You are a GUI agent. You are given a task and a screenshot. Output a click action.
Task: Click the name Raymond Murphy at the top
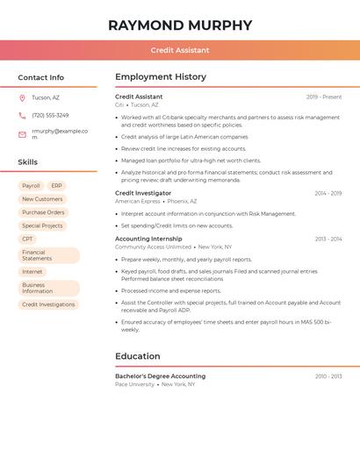click(180, 25)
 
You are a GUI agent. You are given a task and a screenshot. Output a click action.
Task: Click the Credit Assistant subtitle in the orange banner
click(180, 50)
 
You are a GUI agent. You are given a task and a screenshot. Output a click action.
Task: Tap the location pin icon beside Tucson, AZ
click(22, 97)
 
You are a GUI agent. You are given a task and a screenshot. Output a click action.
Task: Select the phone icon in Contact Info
click(22, 115)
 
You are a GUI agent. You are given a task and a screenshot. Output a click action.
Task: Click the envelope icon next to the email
click(22, 134)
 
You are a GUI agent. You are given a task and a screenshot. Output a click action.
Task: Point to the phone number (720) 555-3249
click(50, 115)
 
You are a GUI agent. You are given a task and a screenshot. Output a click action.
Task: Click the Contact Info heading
click(41, 77)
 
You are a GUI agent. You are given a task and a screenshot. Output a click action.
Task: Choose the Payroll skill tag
click(31, 186)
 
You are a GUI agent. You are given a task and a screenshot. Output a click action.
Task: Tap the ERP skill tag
click(56, 186)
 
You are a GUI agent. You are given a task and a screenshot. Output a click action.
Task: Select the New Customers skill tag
click(42, 199)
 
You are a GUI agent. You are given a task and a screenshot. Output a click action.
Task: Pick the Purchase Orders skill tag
click(43, 212)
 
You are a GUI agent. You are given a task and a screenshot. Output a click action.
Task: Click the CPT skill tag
click(28, 239)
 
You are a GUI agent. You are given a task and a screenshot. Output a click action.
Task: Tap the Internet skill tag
click(32, 272)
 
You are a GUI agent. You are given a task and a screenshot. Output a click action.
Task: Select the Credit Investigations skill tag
click(48, 304)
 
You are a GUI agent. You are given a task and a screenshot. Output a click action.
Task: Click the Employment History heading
click(161, 77)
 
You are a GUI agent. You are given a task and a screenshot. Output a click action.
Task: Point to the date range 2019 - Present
click(324, 97)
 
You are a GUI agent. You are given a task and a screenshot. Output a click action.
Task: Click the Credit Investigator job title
click(143, 193)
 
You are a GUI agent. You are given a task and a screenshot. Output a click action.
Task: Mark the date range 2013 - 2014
click(328, 239)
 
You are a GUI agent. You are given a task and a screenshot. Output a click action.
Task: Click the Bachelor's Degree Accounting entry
click(160, 376)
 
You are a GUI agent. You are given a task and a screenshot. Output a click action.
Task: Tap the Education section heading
click(138, 356)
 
